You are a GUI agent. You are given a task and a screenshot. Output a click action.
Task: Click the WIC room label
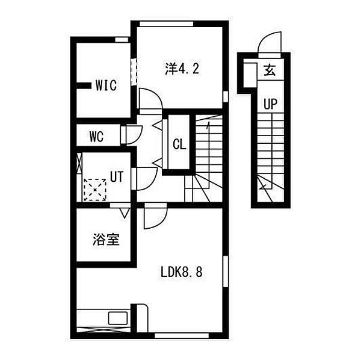[106, 85]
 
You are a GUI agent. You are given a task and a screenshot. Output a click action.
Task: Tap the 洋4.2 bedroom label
[182, 69]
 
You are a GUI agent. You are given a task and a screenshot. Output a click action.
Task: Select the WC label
[96, 137]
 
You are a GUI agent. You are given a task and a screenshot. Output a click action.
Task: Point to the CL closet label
[179, 144]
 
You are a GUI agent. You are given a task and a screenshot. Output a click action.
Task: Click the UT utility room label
[117, 176]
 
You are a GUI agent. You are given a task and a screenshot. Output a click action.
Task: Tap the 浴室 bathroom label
[106, 240]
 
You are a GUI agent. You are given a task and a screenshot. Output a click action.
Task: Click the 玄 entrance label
[270, 70]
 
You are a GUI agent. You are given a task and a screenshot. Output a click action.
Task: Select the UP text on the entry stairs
[270, 104]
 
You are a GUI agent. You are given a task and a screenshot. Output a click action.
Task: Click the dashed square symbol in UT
[95, 190]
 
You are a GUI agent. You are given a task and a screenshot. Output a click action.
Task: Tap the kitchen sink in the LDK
[118, 318]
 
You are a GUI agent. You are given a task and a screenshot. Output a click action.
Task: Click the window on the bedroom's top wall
[167, 23]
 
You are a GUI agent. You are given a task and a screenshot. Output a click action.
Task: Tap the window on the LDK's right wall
[226, 272]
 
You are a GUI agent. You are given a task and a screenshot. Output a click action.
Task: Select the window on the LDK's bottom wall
[182, 335]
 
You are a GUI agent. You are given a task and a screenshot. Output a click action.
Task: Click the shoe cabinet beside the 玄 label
[250, 75]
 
